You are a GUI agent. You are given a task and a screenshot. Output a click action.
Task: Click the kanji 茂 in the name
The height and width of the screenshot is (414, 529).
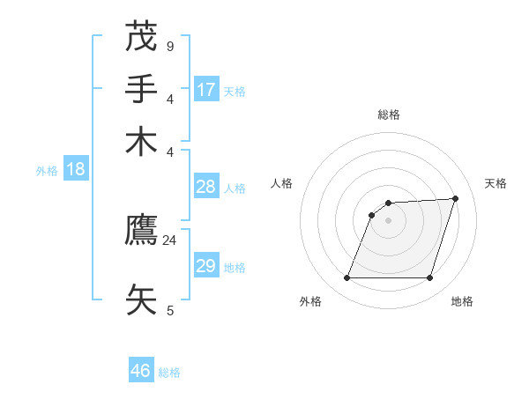point(141,37)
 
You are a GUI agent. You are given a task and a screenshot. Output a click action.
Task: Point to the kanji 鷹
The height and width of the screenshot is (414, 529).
point(141,232)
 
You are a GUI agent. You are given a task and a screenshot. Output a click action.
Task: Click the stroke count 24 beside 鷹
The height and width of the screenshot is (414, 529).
point(169,240)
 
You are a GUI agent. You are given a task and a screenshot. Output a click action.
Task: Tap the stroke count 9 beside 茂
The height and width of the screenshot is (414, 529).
point(169,46)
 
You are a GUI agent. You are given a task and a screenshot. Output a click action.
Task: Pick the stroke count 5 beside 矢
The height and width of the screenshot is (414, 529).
point(169,310)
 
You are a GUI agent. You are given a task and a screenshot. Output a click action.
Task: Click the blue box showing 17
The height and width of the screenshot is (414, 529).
point(206,89)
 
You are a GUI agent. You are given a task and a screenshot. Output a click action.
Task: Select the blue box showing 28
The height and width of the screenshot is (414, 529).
point(206,187)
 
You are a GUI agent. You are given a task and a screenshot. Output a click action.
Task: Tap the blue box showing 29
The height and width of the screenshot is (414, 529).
point(206,266)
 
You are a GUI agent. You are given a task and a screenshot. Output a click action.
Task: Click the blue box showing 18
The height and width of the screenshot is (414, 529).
point(76,169)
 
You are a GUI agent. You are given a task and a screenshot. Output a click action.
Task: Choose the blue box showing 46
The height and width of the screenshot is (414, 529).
point(141,371)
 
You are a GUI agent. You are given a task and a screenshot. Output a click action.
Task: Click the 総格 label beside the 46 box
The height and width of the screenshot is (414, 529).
point(169,373)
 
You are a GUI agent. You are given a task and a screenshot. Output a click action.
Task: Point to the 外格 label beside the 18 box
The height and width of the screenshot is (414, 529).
point(47,171)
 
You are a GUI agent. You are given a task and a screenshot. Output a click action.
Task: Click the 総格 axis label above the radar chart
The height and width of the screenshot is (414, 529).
point(388,115)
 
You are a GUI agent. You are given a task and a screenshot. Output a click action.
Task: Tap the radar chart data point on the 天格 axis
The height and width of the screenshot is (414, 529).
point(456,198)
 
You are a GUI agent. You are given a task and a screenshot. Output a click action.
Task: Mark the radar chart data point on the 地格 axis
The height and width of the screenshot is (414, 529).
point(429,278)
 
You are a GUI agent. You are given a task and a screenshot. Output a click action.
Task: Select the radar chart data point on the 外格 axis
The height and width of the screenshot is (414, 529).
point(346,278)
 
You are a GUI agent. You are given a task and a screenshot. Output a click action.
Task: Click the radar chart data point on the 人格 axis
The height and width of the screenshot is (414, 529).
point(372,215)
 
